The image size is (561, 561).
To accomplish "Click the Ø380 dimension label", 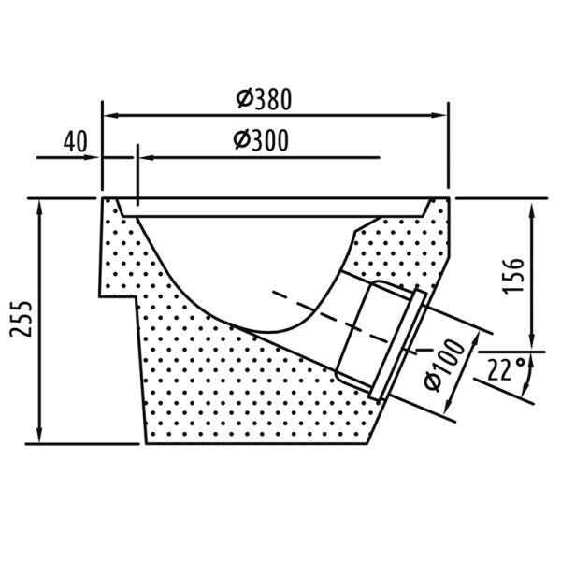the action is click(x=264, y=99).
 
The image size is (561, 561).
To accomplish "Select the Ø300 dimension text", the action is click(x=261, y=140).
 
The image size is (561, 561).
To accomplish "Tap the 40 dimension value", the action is click(x=75, y=142).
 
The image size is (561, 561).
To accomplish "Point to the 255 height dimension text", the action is click(x=22, y=319).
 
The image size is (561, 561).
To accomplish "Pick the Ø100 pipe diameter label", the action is click(x=444, y=364).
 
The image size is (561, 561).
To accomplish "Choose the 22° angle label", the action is click(x=506, y=369).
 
